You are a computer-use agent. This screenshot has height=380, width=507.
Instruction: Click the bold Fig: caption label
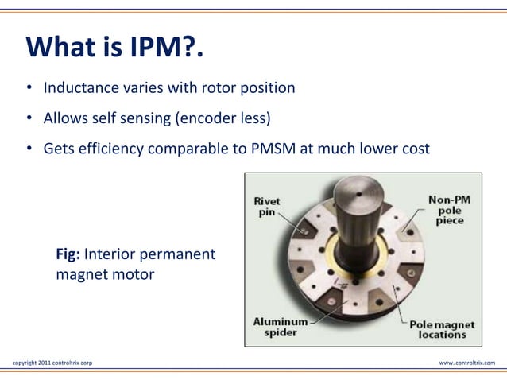point(68,254)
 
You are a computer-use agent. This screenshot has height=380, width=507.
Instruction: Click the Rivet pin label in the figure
point(267,207)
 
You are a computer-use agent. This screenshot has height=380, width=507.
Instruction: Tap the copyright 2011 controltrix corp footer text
point(52,363)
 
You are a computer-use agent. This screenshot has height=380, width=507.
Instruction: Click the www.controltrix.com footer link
point(466,363)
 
